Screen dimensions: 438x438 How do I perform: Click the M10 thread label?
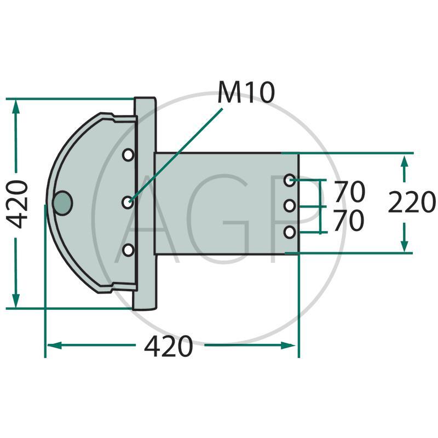pyautogui.click(x=246, y=93)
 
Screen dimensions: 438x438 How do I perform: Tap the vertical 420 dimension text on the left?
pyautogui.click(x=18, y=204)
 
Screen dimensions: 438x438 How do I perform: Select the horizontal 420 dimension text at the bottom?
pyautogui.click(x=169, y=346)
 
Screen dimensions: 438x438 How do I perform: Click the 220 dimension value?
pyautogui.click(x=412, y=201)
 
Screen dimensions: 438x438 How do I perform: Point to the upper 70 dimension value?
pyautogui.click(x=349, y=191)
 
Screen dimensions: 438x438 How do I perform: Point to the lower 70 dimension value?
pyautogui.click(x=349, y=221)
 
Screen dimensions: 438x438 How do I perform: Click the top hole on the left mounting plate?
pyautogui.click(x=128, y=155)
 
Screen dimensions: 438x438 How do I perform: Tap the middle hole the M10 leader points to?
pyautogui.click(x=128, y=202)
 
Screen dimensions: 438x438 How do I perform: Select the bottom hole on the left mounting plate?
pyautogui.click(x=128, y=250)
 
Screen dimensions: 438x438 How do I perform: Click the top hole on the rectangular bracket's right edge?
pyautogui.click(x=290, y=180)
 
